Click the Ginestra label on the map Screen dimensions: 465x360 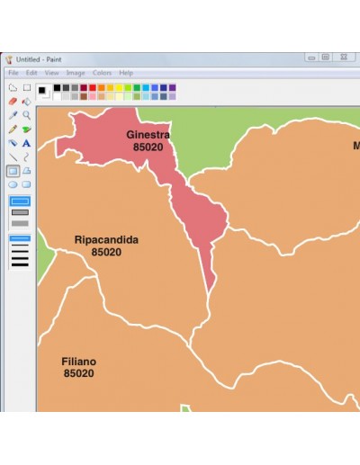click(148, 135)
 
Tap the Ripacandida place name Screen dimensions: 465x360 click(105, 240)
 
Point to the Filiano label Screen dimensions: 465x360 click(78, 362)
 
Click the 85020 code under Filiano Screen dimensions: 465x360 click(78, 373)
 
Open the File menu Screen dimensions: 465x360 click(13, 73)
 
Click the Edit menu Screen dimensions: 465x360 click(31, 73)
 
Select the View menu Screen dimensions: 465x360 click(51, 73)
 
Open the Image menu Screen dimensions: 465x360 click(75, 73)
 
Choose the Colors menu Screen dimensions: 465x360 click(102, 73)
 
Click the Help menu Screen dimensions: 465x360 click(126, 73)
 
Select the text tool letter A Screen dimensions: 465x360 click(27, 143)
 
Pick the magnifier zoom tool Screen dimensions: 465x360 click(27, 115)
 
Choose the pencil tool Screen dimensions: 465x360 click(13, 129)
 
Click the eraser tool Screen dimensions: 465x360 click(13, 102)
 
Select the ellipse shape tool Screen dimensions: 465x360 click(13, 183)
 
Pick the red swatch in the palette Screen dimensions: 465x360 click(92, 88)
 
